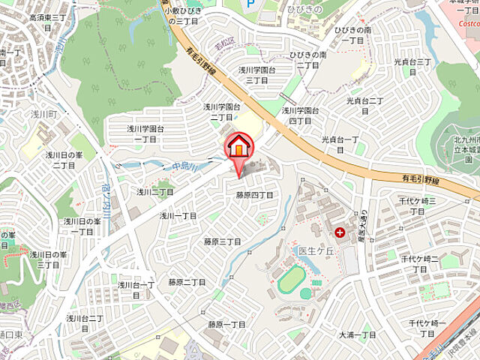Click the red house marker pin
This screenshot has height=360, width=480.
[x=238, y=147]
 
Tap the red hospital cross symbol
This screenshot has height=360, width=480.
[x=341, y=232]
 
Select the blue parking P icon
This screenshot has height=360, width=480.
[x=250, y=4]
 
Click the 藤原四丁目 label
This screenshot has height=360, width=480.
[x=254, y=195]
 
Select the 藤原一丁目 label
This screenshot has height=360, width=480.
[x=227, y=325]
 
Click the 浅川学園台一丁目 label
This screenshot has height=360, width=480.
[x=145, y=134]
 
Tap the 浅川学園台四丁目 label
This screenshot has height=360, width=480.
[x=301, y=115]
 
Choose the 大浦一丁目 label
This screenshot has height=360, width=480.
[x=357, y=334]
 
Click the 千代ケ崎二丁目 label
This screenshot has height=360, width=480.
[x=420, y=263]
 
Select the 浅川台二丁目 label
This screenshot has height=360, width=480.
[x=85, y=322]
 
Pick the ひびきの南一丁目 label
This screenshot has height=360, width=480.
[x=353, y=34]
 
